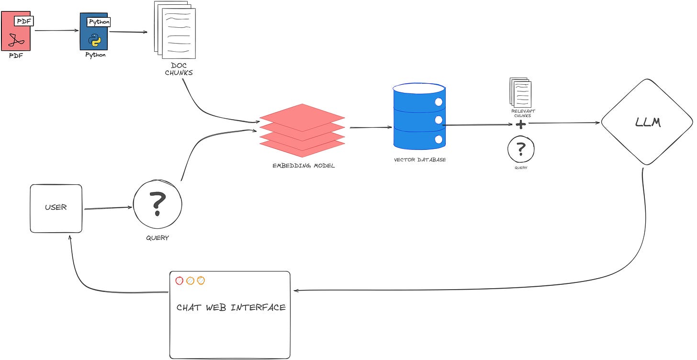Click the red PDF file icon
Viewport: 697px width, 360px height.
[16, 32]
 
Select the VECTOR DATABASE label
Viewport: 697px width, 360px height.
[420, 159]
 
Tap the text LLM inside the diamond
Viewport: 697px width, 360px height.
[648, 123]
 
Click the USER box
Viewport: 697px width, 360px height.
[56, 208]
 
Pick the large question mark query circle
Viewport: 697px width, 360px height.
[158, 203]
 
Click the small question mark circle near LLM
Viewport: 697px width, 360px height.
[521, 149]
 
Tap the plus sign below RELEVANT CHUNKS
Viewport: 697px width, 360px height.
[520, 124]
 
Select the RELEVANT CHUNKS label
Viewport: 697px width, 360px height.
[523, 113]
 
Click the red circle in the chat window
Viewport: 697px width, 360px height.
[180, 281]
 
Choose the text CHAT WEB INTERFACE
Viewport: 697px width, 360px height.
[231, 307]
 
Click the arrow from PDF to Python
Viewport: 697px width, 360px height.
[56, 31]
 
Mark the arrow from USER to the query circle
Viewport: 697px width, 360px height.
[108, 208]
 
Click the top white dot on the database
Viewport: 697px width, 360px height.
[438, 101]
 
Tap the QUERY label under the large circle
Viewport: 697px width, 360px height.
[157, 238]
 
